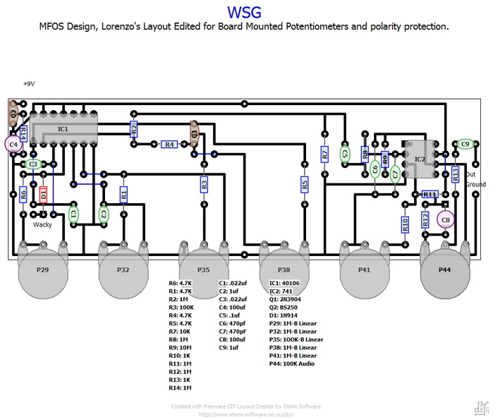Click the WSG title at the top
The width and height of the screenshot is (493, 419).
pos(246,12)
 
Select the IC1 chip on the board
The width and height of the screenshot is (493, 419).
pos(63,129)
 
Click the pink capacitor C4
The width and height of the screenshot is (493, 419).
pos(13,144)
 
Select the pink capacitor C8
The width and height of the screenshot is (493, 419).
pos(445,219)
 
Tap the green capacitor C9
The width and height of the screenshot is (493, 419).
pos(465,144)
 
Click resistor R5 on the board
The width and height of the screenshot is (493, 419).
pos(305,184)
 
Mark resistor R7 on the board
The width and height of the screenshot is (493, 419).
pos(324,154)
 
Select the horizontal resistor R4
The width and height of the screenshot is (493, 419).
pos(169,144)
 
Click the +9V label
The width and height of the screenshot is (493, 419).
pos(29,83)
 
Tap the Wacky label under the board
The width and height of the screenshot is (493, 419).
pos(43,225)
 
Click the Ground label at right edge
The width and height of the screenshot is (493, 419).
pos(475,184)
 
